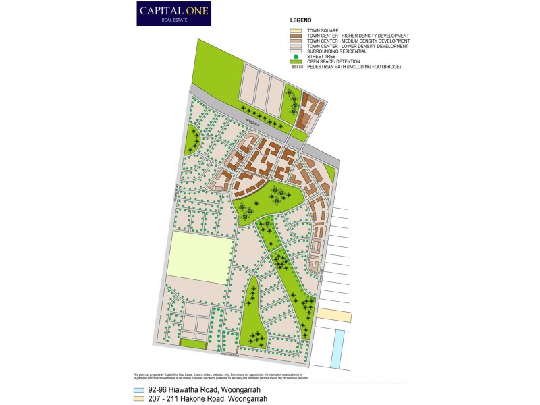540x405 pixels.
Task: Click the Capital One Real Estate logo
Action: point(173,13)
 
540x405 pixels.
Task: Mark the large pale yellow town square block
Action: point(200,258)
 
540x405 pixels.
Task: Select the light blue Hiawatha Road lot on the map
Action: point(336,348)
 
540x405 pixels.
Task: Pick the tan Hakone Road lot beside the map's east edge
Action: point(334,316)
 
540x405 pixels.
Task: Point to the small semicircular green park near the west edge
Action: point(192,139)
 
